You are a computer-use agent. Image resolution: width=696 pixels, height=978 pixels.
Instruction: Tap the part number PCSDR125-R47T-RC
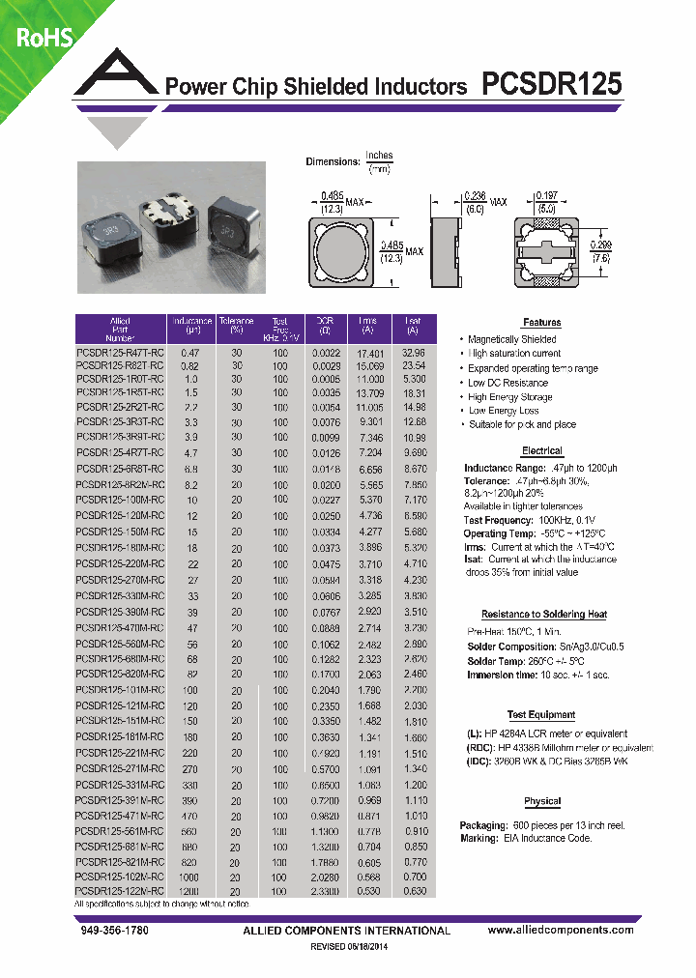(x=120, y=354)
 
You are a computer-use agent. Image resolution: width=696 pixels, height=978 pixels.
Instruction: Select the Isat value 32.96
(x=414, y=354)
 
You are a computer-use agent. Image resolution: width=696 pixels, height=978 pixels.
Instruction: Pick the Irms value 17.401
(x=369, y=354)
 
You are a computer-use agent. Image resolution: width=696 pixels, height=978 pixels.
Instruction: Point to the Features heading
(x=541, y=323)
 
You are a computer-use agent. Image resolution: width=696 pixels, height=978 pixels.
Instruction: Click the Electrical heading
(x=541, y=451)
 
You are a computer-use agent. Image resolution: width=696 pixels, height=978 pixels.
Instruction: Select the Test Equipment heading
(x=541, y=715)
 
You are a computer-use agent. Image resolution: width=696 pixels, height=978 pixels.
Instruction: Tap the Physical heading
(x=541, y=801)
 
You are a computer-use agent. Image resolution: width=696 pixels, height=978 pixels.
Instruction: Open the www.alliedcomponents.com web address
(x=561, y=930)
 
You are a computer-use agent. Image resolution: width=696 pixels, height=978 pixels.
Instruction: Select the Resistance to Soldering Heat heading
(x=543, y=615)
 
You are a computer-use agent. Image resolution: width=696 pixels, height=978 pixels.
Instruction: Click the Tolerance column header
(x=236, y=322)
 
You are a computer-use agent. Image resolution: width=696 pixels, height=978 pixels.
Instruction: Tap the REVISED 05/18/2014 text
(x=347, y=948)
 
